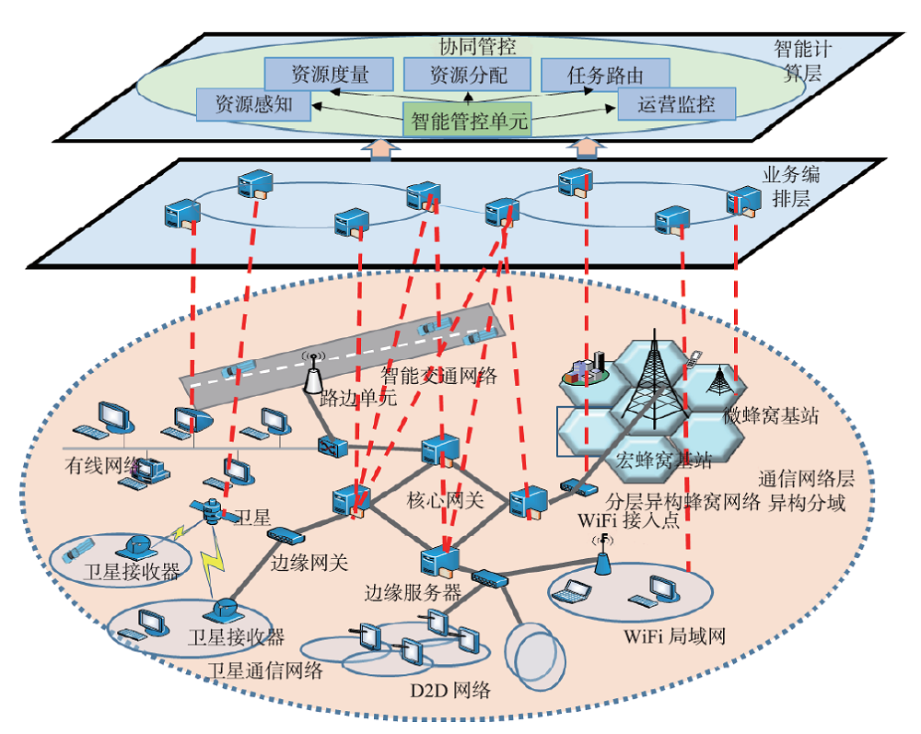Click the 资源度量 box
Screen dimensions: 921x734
click(x=329, y=74)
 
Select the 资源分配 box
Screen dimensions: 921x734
click(x=468, y=74)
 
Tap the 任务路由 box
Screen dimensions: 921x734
click(x=605, y=74)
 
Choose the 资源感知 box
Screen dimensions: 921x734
click(x=253, y=104)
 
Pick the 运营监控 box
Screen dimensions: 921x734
click(x=677, y=104)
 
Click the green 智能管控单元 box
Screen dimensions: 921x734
click(x=468, y=120)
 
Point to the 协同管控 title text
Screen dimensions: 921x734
click(x=477, y=47)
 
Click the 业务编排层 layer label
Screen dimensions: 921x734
click(x=790, y=186)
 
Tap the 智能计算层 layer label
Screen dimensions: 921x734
click(x=802, y=61)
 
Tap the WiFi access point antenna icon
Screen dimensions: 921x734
click(x=602, y=555)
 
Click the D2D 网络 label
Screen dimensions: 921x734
click(x=450, y=690)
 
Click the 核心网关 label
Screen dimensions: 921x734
click(x=445, y=500)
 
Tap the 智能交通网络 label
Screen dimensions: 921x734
click(x=438, y=375)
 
